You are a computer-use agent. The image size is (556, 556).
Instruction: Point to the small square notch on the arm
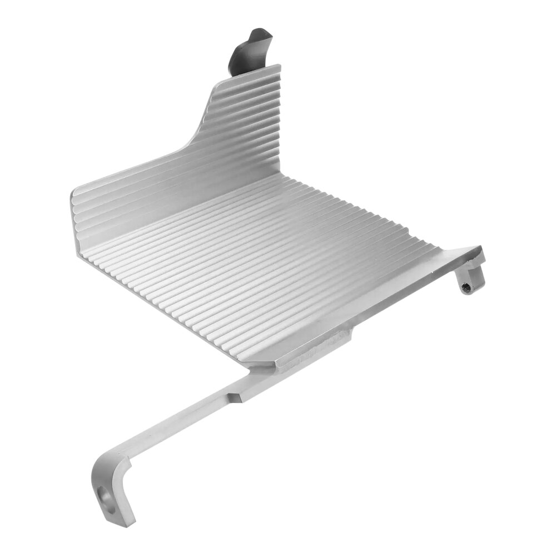point(235,397)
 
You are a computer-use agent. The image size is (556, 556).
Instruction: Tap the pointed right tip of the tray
point(479,250)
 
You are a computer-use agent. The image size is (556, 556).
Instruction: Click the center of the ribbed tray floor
point(267,261)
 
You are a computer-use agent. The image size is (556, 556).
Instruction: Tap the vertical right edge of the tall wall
point(279,122)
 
